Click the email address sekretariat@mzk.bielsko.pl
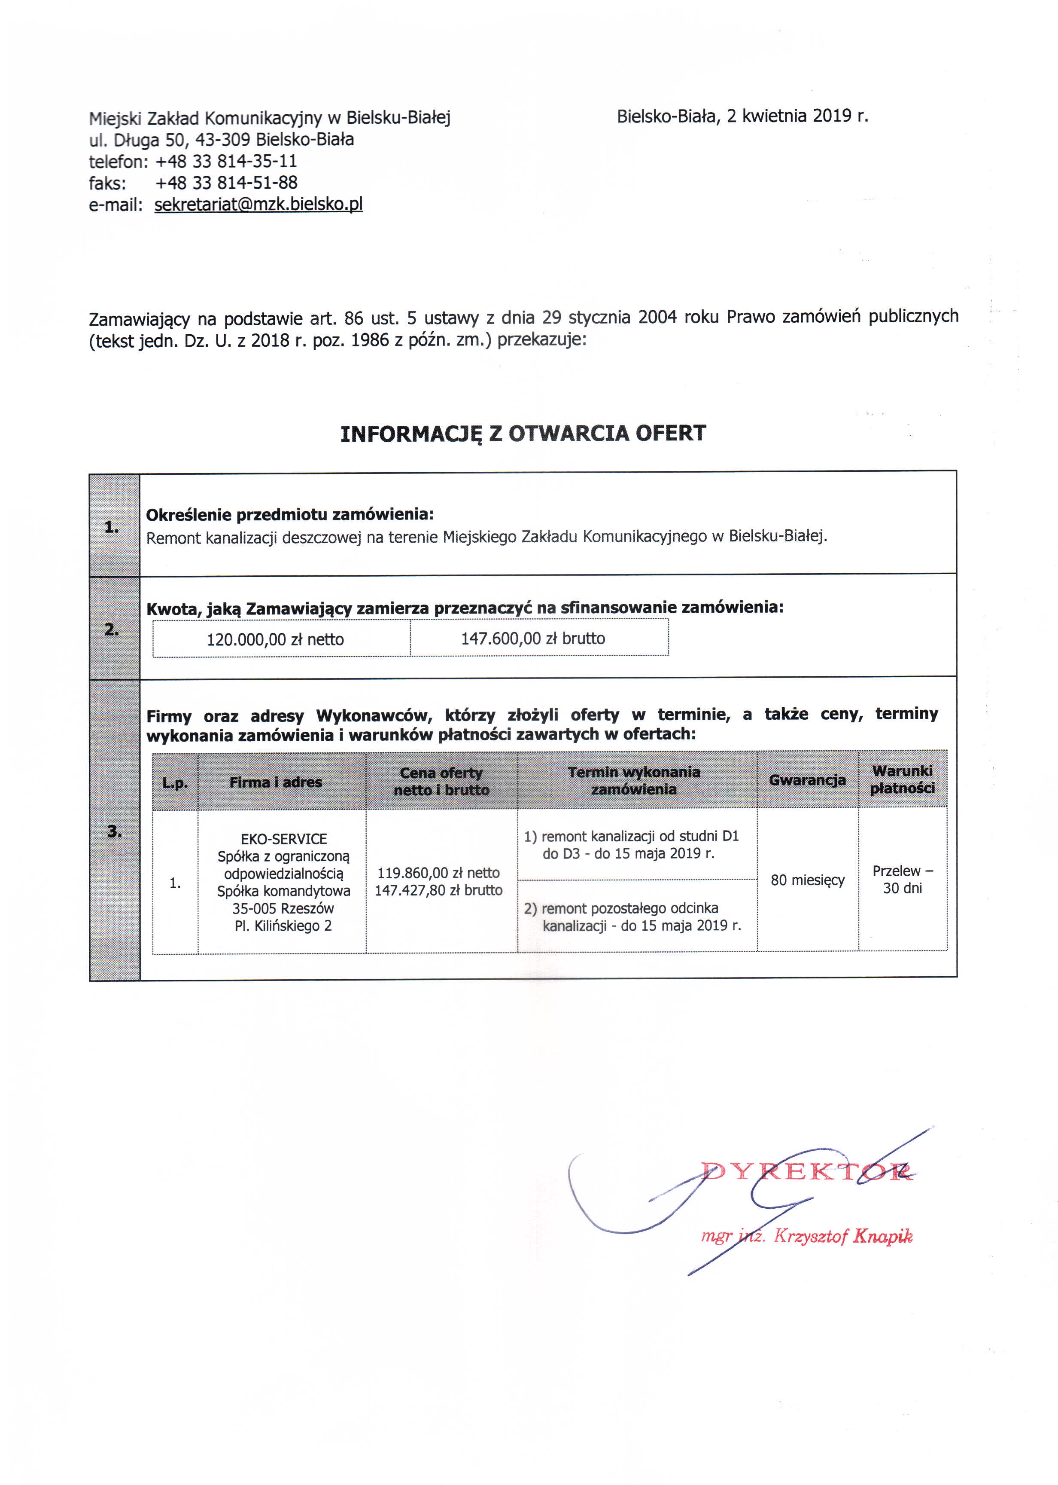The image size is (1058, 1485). pos(258,205)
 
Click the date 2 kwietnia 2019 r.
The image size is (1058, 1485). pos(797,116)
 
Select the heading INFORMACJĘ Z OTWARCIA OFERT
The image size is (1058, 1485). pos(523,434)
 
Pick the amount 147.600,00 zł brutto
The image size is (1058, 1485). pos(533,638)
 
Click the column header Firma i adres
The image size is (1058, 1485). pos(276,782)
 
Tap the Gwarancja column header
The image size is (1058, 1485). pos(807,779)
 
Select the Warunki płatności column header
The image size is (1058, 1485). pos(902,779)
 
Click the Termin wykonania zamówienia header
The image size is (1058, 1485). pos(634,780)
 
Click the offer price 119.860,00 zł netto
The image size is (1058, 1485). pos(438,873)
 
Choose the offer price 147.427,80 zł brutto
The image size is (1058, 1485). pos(438,890)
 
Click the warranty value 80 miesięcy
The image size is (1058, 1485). pos(807,880)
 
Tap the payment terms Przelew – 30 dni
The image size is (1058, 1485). pos(902,880)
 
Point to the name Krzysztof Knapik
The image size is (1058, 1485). pos(843,1236)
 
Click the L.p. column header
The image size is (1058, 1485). pos(175,782)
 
